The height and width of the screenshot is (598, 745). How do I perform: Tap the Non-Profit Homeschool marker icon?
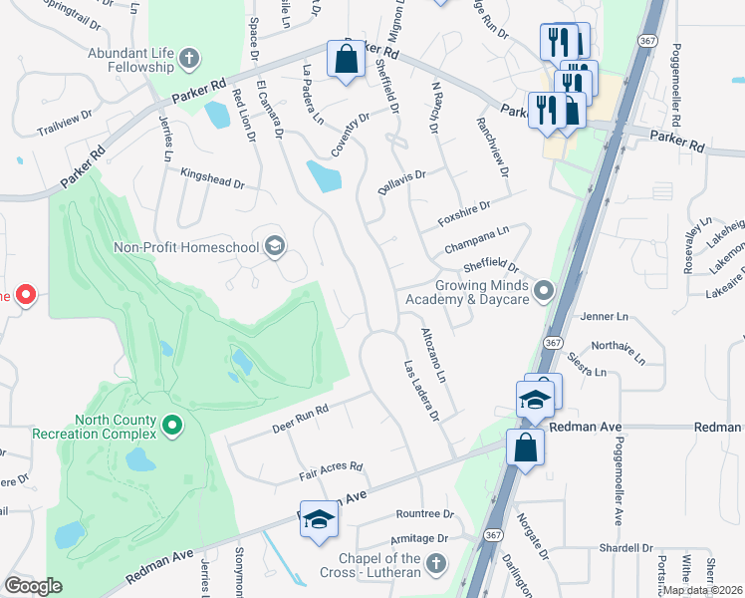click(274, 245)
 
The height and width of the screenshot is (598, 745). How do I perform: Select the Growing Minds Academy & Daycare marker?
click(543, 291)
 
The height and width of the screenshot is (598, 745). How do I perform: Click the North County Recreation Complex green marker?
click(172, 427)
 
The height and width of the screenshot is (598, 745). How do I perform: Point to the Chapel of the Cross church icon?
click(434, 565)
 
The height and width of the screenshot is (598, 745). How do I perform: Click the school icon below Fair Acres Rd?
click(319, 519)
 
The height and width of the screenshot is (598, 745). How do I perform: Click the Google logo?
click(33, 586)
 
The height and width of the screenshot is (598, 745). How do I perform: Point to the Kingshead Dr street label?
click(212, 178)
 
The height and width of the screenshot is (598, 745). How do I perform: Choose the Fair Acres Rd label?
click(328, 470)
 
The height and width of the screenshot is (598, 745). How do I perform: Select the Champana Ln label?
click(476, 235)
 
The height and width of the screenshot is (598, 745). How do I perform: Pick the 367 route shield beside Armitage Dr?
click(492, 535)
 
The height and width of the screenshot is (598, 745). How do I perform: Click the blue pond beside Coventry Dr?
click(324, 176)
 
